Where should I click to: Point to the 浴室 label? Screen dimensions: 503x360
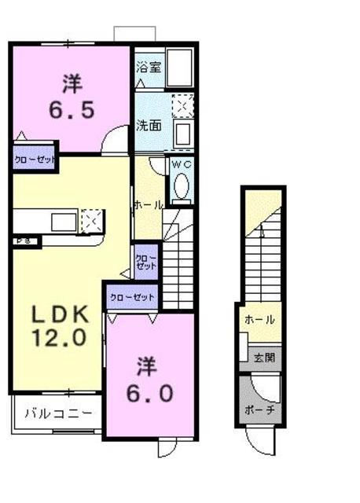pyautogui.click(x=149, y=67)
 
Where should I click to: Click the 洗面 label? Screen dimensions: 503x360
pyautogui.click(x=149, y=125)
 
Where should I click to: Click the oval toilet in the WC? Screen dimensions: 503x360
pyautogui.click(x=182, y=186)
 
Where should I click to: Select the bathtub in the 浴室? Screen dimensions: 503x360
pyautogui.click(x=182, y=68)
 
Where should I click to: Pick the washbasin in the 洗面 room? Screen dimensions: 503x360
pyautogui.click(x=182, y=132)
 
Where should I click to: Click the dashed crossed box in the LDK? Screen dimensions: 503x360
pyautogui.click(x=90, y=221)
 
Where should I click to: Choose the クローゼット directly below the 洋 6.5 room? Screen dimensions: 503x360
pyautogui.click(x=35, y=160)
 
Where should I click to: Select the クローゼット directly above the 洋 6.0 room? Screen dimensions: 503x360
pyautogui.click(x=132, y=297)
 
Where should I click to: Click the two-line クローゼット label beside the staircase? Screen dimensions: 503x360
pyautogui.click(x=145, y=262)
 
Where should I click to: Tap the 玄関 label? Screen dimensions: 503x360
pyautogui.click(x=264, y=358)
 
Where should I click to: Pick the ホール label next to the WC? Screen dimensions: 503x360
pyautogui.click(x=149, y=205)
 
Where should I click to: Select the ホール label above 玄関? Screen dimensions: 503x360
pyautogui.click(x=259, y=320)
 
